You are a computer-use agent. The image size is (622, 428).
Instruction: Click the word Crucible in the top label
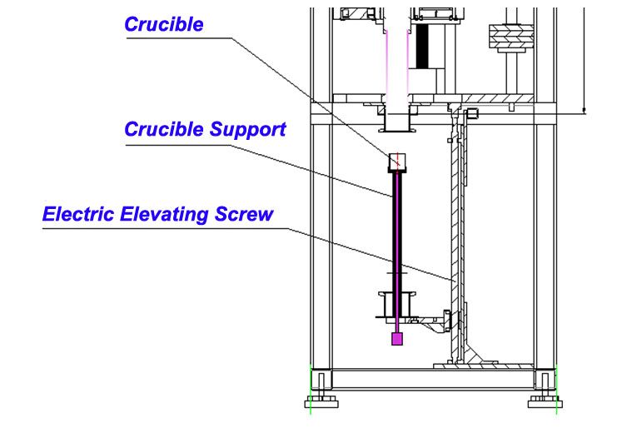(x=163, y=24)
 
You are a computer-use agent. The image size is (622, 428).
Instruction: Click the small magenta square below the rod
(x=397, y=339)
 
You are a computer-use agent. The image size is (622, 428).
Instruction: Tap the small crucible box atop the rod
(x=398, y=160)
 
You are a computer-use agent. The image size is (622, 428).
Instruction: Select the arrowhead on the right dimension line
(x=585, y=109)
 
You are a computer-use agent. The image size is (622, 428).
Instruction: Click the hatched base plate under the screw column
(x=491, y=364)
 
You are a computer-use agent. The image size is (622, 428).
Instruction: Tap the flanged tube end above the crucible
(x=398, y=125)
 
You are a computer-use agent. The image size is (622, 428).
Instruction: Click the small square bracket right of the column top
(x=472, y=113)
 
